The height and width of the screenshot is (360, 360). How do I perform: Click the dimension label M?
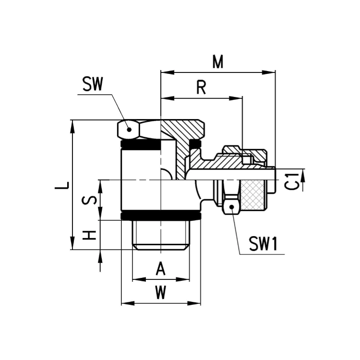pyautogui.click(x=217, y=62)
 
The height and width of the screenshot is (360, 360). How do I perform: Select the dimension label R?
pyautogui.click(x=201, y=87)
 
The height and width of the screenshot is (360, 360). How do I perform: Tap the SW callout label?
pyautogui.click(x=93, y=84)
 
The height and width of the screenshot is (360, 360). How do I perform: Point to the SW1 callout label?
pyautogui.click(x=264, y=243)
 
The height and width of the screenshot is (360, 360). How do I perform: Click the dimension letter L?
pyautogui.click(x=62, y=185)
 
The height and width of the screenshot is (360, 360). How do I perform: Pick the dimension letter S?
pyautogui.click(x=89, y=200)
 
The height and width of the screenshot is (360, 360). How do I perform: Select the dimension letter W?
pyautogui.click(x=160, y=292)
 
